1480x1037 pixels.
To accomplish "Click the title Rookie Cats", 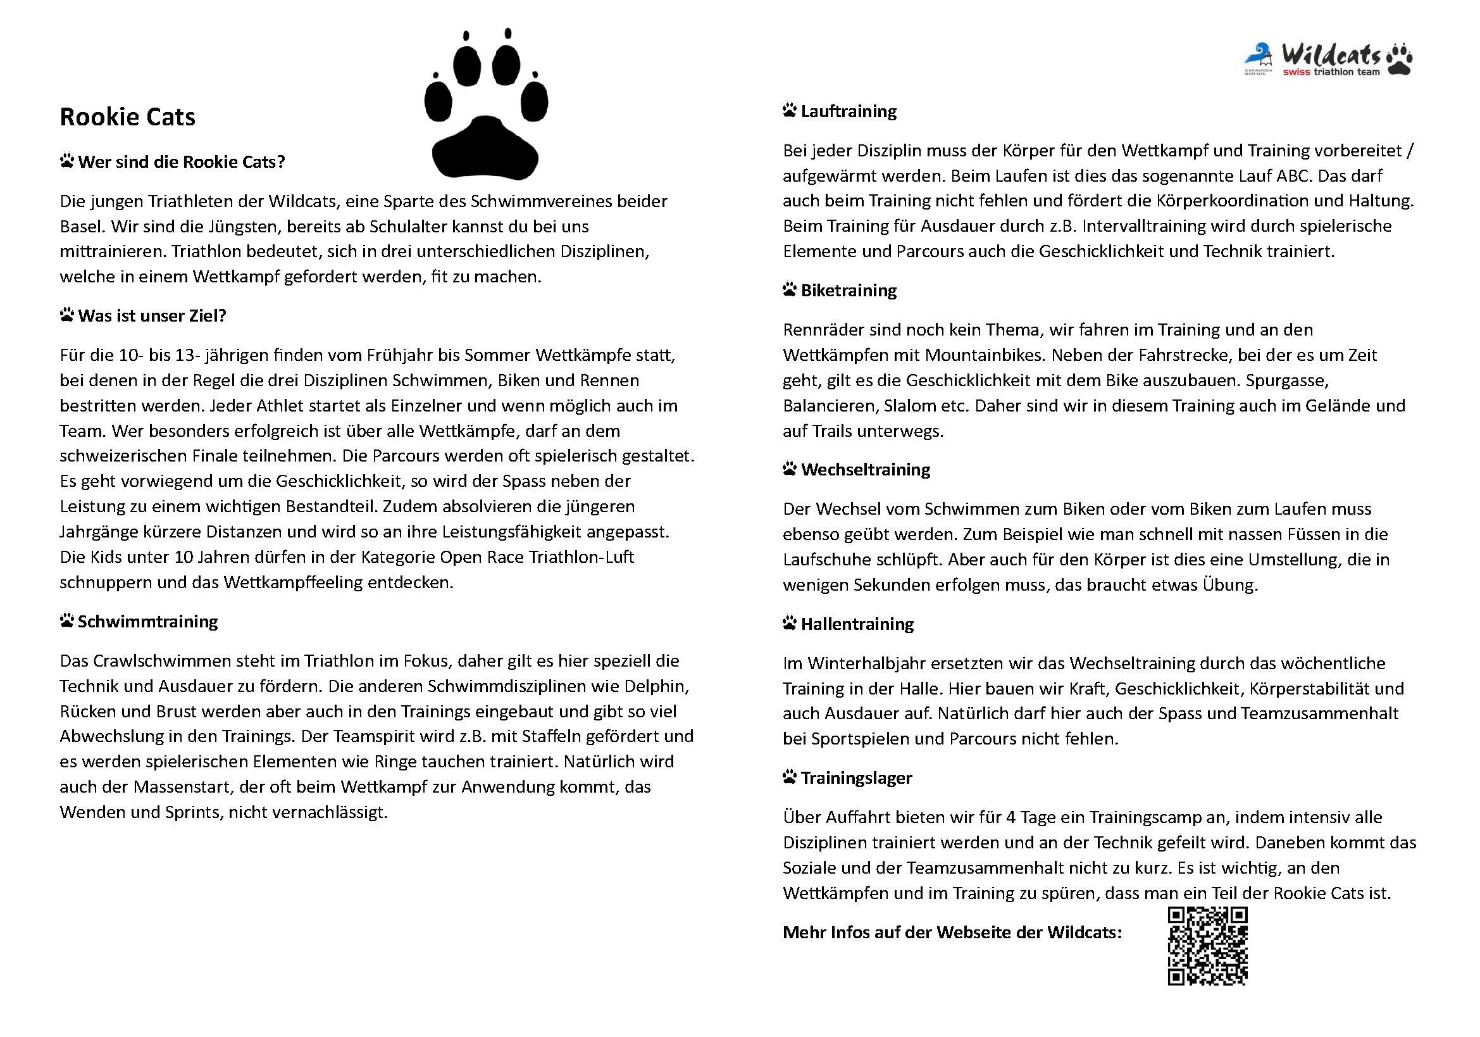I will pos(127,116).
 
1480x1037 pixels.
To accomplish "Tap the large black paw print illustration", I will pos(485,106).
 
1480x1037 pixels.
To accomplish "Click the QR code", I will pos(1207,946).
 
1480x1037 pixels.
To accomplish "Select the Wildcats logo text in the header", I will pos(1331,56).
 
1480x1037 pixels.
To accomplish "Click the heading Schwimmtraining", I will pos(147,622).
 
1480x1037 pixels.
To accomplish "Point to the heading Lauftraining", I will pos(849,111).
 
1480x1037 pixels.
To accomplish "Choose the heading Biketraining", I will pos(849,291).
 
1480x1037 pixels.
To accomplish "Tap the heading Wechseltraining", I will pos(865,470).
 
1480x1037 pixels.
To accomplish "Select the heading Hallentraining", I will pos(857,624).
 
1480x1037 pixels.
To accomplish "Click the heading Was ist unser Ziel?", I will pos(152,316).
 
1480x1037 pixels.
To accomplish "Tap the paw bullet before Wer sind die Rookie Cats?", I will pos(66,161).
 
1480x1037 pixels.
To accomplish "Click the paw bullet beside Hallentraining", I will pos(790,624).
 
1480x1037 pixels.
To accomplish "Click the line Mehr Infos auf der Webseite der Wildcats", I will pos(952,933).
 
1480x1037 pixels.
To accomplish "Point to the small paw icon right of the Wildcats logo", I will pos(1400,59).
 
